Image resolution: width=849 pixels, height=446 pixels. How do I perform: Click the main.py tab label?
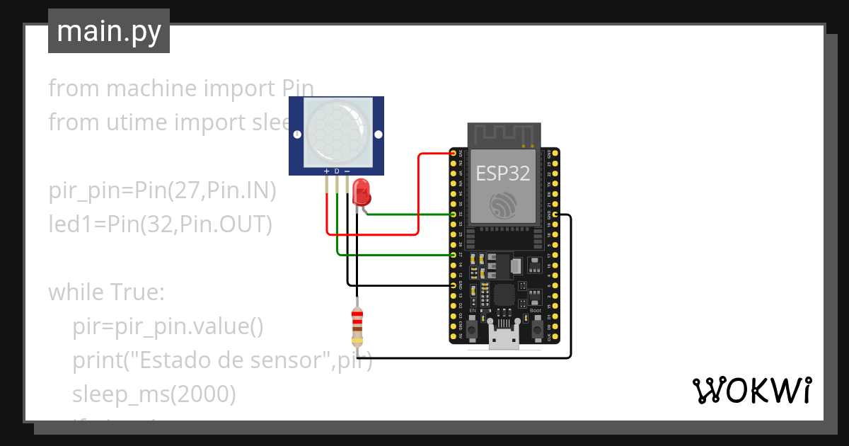[x=108, y=31]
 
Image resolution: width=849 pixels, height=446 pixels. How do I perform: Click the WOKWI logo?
[x=751, y=391]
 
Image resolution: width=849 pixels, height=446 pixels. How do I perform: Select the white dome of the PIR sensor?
[x=336, y=131]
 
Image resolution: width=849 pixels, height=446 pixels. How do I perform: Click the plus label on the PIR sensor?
[x=326, y=171]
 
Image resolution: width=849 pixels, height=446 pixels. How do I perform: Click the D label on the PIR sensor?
[x=337, y=171]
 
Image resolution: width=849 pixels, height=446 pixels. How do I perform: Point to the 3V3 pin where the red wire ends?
[x=454, y=152]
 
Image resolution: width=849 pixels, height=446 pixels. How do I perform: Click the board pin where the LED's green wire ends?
[x=454, y=214]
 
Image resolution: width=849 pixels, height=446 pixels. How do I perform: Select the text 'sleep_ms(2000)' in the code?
[x=154, y=394]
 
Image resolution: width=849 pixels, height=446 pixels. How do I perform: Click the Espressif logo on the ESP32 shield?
[x=503, y=205]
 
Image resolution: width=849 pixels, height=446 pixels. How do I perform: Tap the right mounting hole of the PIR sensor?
[x=378, y=134]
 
